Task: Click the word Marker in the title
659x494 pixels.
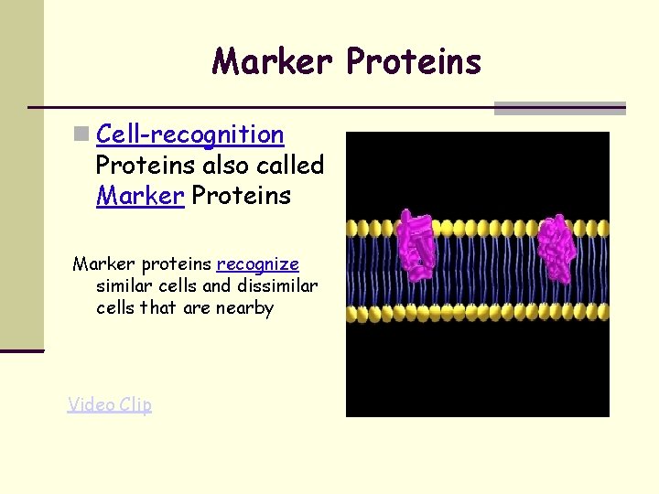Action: tap(274, 61)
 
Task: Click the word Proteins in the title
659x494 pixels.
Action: tap(413, 61)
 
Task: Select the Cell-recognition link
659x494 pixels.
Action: tap(189, 135)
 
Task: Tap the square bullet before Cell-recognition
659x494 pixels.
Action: tap(81, 135)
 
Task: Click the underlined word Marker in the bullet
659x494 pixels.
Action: tap(140, 196)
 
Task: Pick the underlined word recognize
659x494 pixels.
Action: tap(257, 264)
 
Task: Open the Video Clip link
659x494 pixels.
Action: tap(109, 404)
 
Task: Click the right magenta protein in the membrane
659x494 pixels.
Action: tap(555, 247)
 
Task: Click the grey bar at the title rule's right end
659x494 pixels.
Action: tap(559, 108)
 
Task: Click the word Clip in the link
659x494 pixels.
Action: tap(135, 404)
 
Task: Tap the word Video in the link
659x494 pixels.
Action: tap(90, 404)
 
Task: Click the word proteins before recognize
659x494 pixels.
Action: tap(173, 264)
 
